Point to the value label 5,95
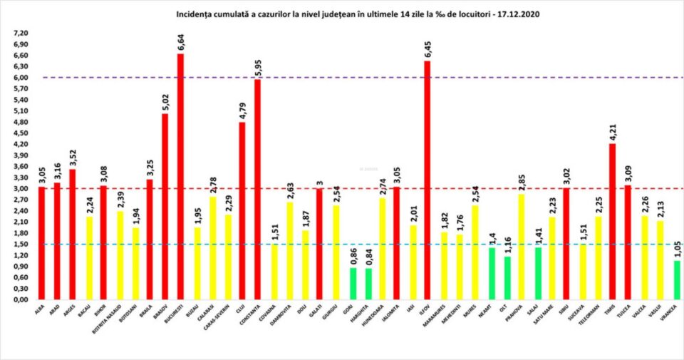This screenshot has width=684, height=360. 257,66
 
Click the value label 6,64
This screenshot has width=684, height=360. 181,41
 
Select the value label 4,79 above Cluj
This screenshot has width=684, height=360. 242,110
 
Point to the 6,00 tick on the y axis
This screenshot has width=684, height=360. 21,78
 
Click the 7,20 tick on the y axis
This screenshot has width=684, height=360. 21,34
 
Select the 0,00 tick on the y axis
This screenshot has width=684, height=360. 21,300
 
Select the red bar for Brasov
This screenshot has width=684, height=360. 165,207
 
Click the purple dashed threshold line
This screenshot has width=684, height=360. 356,78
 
